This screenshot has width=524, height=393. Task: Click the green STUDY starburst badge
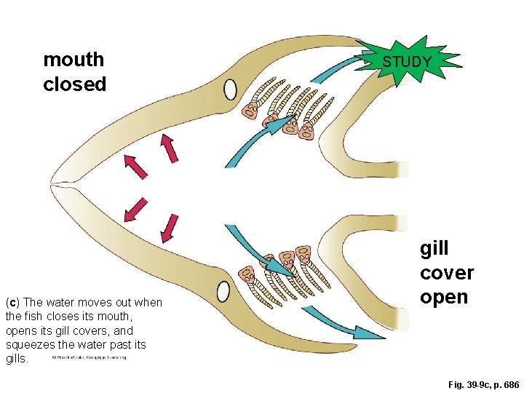[407, 62]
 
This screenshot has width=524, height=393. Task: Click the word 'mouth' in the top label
[74, 60]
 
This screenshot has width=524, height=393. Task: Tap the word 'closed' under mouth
[74, 84]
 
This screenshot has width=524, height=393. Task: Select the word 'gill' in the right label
[434, 248]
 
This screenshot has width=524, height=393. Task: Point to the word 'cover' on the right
[446, 273]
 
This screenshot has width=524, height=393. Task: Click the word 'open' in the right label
[444, 298]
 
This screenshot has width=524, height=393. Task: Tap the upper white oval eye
[230, 90]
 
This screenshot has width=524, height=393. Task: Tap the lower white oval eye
[223, 291]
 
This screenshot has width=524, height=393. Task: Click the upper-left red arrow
[135, 166]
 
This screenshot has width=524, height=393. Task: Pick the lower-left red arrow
[135, 208]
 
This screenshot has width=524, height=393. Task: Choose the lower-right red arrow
[170, 226]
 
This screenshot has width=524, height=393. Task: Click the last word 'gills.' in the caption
[17, 358]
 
